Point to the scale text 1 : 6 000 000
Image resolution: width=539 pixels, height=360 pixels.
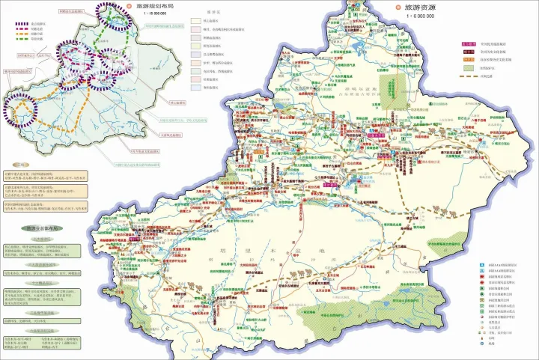419,16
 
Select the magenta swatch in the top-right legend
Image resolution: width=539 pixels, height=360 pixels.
469,45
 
